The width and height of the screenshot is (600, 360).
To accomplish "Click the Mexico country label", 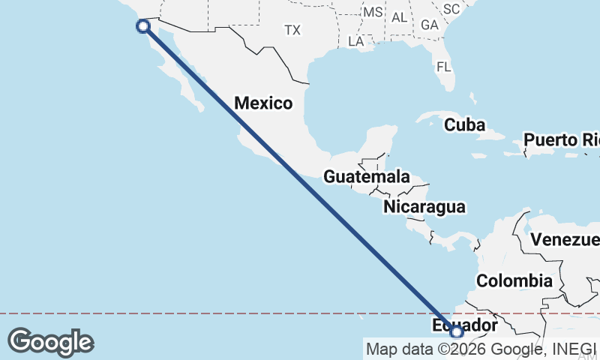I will coord(263,103).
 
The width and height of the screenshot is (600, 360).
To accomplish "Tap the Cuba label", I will coord(464,125).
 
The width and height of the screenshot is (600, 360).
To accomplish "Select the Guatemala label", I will coord(367,178).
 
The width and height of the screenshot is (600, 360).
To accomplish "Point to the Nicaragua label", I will coord(424,207).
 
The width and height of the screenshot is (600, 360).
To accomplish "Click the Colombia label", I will coord(514,281).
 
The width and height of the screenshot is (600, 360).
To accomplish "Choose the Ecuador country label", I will coord(465,325).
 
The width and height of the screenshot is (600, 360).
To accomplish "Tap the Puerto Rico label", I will coord(561,140).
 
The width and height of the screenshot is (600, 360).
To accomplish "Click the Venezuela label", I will coord(566,240).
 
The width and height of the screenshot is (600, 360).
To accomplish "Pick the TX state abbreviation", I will coord(292,31).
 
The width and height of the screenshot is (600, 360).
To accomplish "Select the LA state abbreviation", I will coord(355,42).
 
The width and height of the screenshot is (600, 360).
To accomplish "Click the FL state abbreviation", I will coord(444,67).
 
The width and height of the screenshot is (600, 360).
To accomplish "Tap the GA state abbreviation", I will coord(429,25).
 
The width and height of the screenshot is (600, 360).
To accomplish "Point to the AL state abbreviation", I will coord(399,16).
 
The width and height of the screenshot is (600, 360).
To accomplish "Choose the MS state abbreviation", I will coord(372,13).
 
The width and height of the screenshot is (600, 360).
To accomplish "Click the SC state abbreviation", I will coord(451,9).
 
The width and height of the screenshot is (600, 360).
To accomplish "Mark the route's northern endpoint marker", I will coord(143,26).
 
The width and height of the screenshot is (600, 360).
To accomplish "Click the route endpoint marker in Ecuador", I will coord(457,331).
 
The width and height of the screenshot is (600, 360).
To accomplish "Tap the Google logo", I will coord(50,342).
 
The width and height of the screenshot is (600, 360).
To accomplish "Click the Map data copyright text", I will coord(481,349).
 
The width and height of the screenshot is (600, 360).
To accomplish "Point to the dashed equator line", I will coord(225,313).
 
